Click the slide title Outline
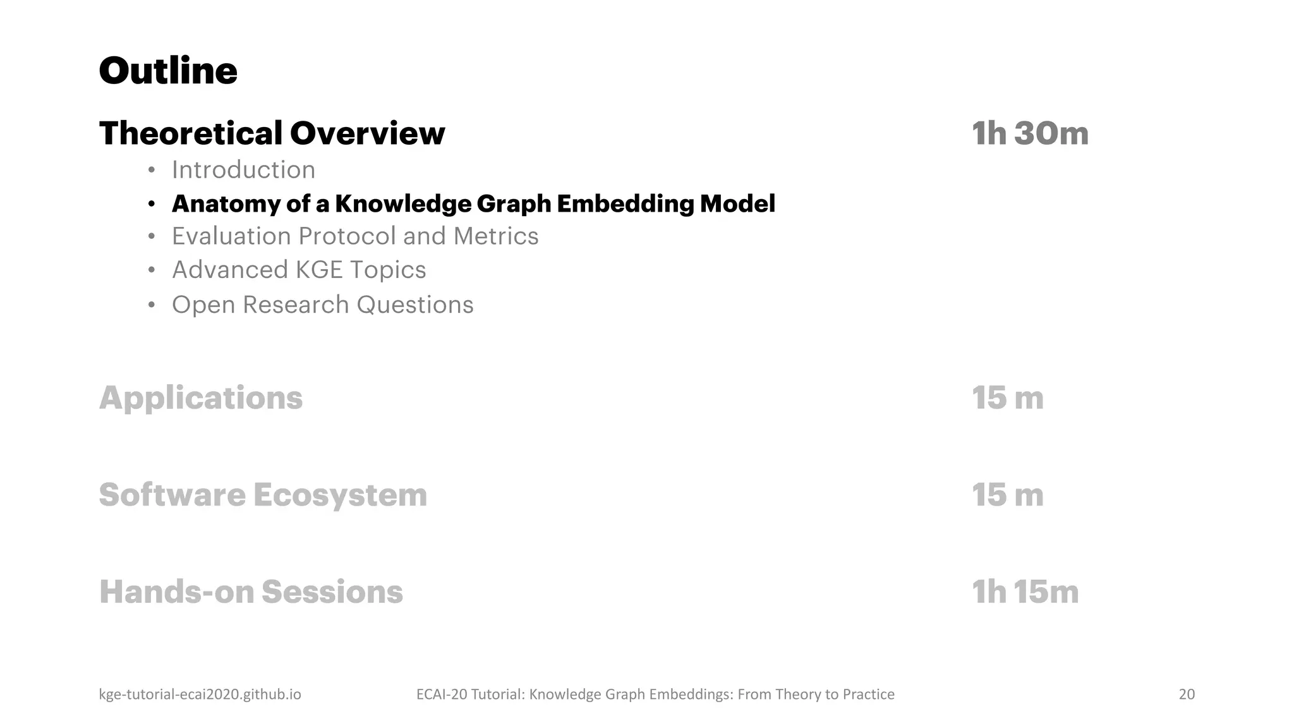(168, 71)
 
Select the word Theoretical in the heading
(191, 133)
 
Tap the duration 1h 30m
(1029, 133)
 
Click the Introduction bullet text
(243, 170)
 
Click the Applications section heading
(201, 398)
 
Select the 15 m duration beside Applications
(1007, 398)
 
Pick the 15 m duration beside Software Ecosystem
(1007, 495)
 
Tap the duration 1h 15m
(1024, 592)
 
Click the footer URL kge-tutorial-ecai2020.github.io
(200, 695)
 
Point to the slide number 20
(1187, 695)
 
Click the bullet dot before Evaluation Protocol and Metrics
(151, 237)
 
